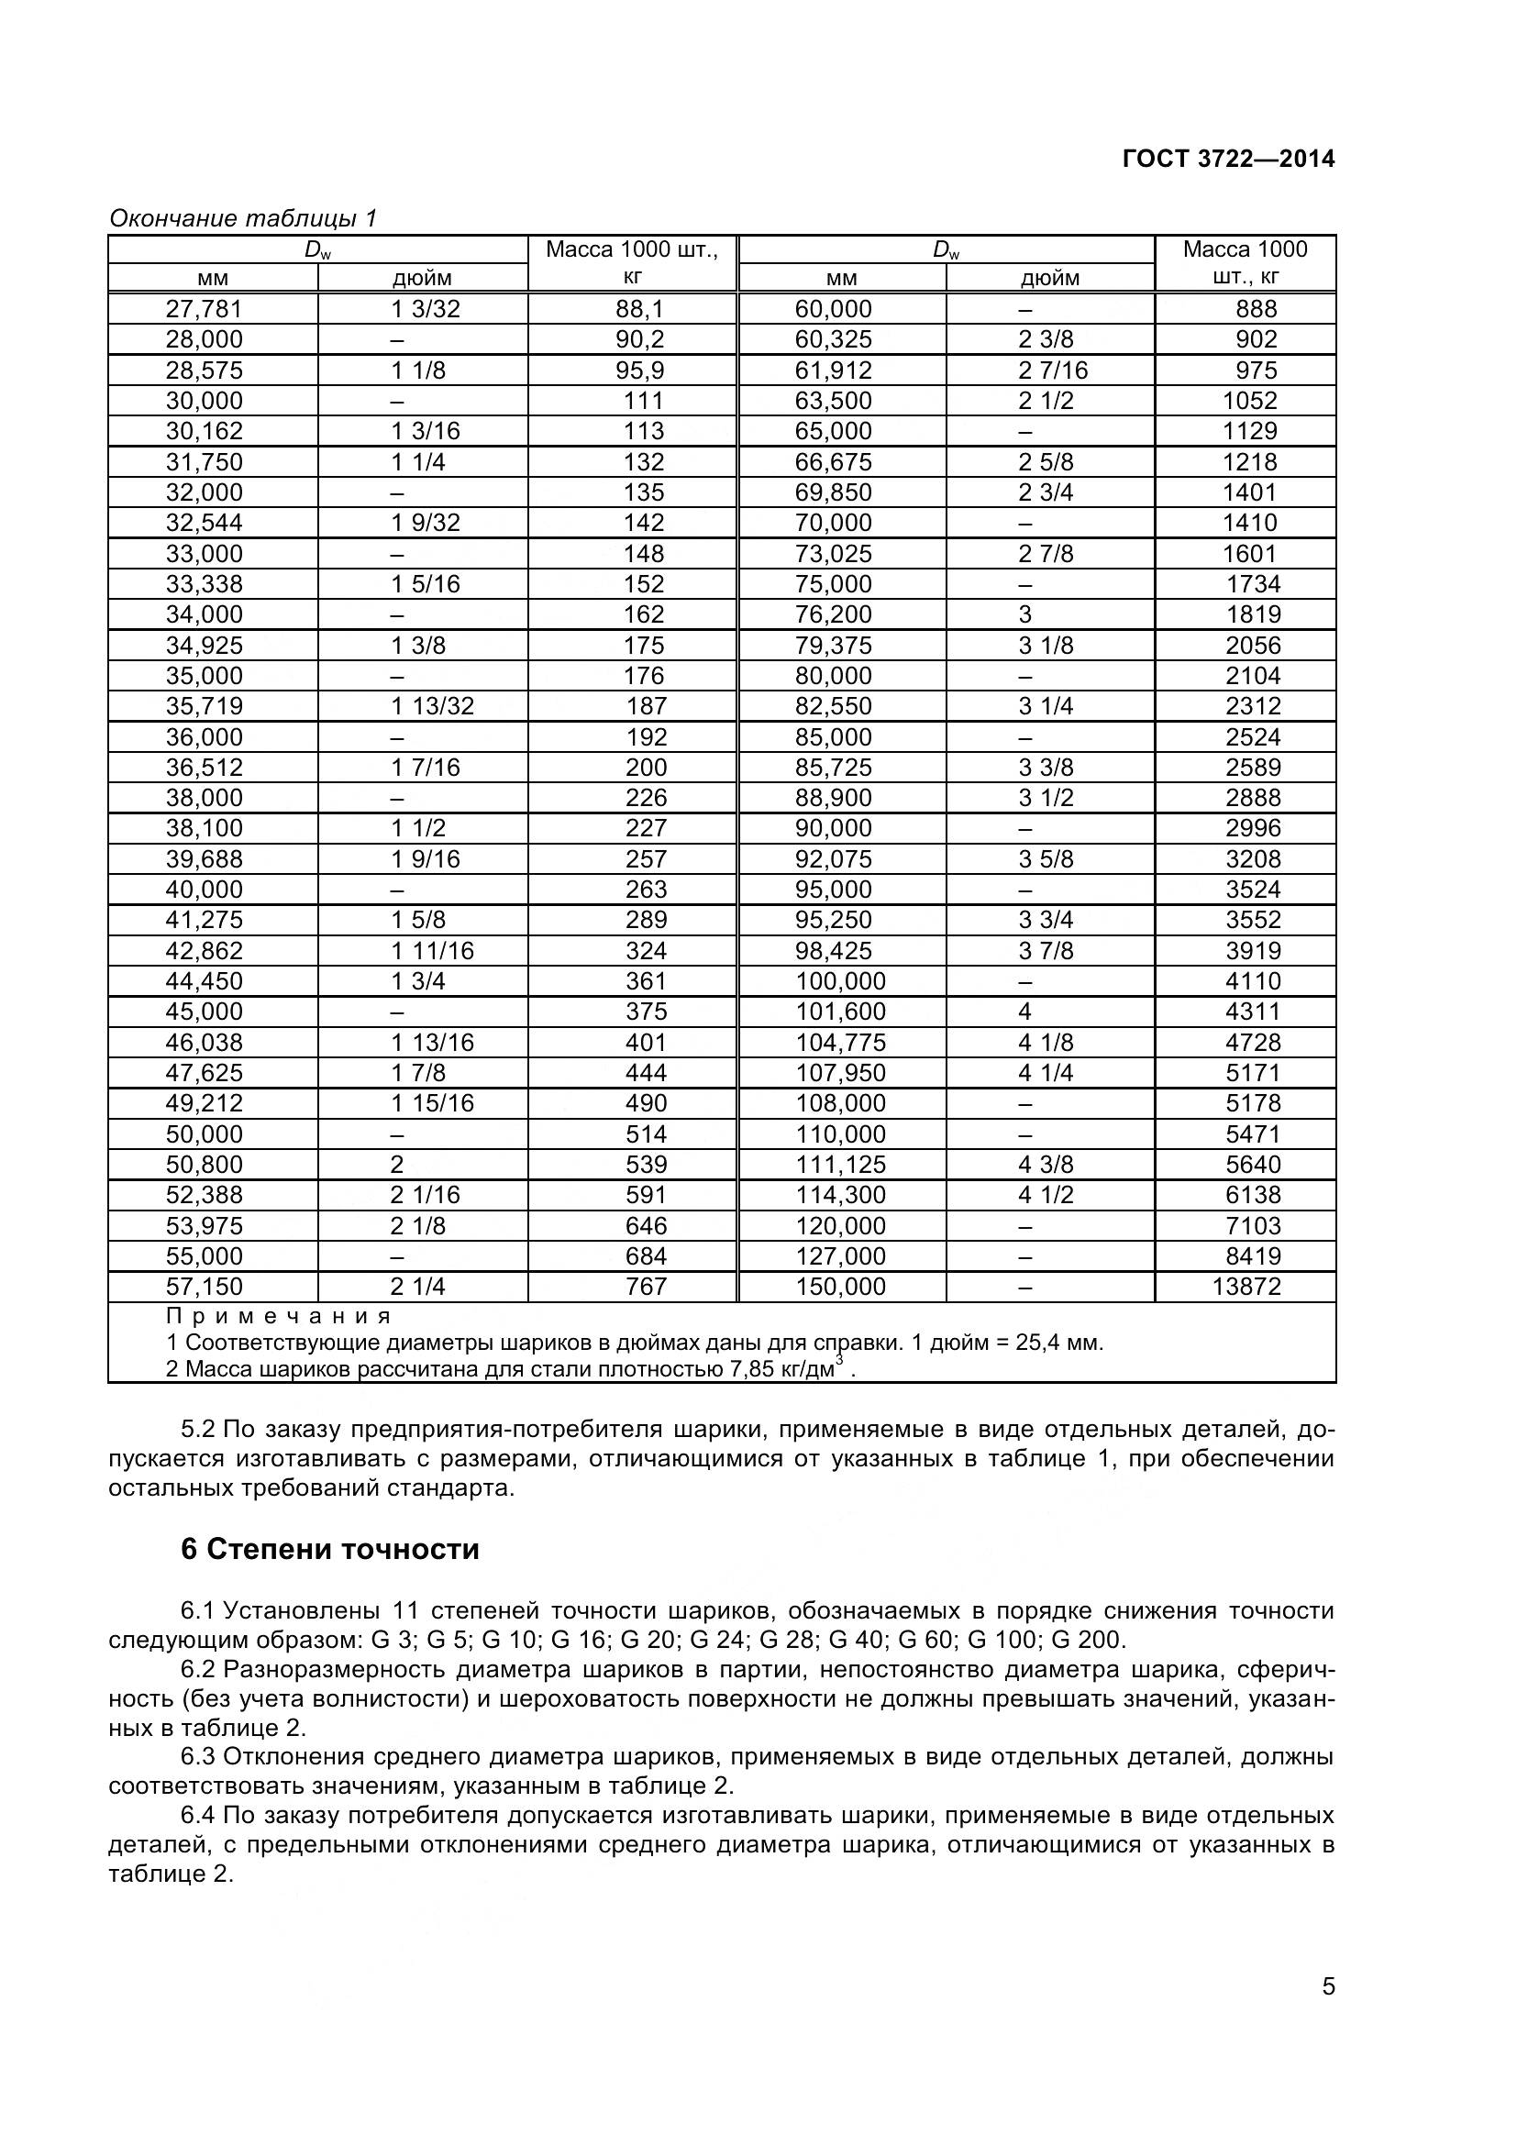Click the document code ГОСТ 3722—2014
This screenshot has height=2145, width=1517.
[x=1227, y=159]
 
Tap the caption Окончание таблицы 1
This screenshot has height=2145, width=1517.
[x=243, y=218]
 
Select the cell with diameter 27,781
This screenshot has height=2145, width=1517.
[x=204, y=309]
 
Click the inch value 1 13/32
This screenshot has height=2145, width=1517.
[x=432, y=706]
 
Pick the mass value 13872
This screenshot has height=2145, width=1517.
[x=1246, y=1287]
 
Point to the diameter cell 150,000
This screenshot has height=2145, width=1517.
[x=840, y=1287]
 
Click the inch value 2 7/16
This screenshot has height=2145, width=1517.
[x=1053, y=370]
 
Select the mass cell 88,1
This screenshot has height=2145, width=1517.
[x=640, y=309]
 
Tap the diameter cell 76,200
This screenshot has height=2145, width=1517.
[x=832, y=614]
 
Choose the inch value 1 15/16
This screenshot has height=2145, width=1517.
[x=432, y=1103]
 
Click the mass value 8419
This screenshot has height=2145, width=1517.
[x=1253, y=1255]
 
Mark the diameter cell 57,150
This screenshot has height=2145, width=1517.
[x=204, y=1287]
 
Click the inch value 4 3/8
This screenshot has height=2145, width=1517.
[x=1046, y=1164]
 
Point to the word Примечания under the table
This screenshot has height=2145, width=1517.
[x=279, y=1316]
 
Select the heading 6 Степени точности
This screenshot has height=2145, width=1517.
[x=330, y=1550]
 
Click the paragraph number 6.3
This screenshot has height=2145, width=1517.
[x=197, y=1756]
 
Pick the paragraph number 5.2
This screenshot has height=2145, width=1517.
[x=197, y=1430]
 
